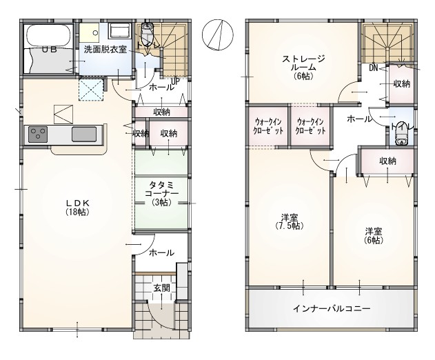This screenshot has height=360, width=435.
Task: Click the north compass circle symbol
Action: click(218, 34)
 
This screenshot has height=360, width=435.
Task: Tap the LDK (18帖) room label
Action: click(77, 208)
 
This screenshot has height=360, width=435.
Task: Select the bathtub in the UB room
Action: click(49, 35)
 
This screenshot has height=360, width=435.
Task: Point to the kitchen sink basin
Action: click(84, 134)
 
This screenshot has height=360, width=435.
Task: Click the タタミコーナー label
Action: click(161, 194)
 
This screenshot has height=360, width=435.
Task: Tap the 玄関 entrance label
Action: click(161, 288)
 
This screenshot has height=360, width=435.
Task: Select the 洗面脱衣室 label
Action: click(105, 50)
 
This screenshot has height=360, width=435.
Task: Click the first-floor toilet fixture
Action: click(147, 31)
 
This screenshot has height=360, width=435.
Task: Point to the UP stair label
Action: click(176, 81)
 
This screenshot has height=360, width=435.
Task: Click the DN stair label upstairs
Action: click(374, 68)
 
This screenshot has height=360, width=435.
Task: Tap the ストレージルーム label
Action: click(303, 67)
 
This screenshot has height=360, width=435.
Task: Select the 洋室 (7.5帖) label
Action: click(290, 221)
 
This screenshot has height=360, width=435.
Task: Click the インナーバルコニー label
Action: click(332, 308)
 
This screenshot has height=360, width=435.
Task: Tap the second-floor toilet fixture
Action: click(401, 134)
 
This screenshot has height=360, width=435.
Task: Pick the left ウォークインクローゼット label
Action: click(268, 126)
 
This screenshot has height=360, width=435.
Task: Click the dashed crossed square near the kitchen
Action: click(91, 90)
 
